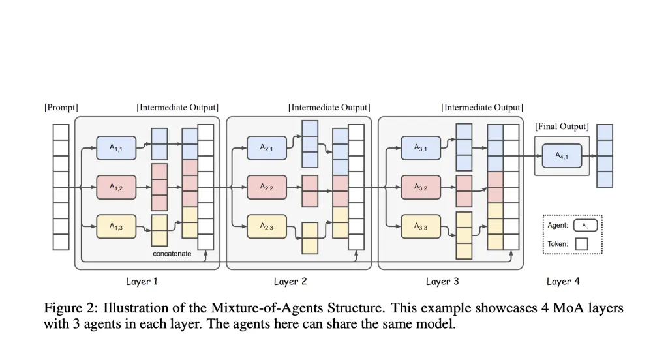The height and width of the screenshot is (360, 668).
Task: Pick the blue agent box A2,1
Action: coord(267,148)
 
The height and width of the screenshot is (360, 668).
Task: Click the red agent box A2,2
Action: coord(267,187)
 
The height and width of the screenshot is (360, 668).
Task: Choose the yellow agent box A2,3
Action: coord(267,226)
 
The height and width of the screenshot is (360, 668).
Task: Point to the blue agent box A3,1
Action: coord(421,148)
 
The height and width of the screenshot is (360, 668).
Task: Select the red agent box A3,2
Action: coord(421,187)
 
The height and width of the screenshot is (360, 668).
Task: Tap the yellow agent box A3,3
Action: coord(421,226)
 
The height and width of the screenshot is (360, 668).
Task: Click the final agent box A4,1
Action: coord(562,156)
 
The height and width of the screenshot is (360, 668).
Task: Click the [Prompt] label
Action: coord(61,108)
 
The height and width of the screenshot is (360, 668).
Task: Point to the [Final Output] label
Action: coord(562,127)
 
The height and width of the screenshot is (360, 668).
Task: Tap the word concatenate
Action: coord(172,254)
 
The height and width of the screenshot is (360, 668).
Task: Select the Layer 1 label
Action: coord(142,282)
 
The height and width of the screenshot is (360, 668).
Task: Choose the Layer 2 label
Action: coord(290,282)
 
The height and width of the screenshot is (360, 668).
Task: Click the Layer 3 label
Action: coord(442,282)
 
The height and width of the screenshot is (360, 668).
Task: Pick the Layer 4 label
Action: coord(563,282)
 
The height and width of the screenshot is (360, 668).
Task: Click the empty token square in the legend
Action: coord(582,244)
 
